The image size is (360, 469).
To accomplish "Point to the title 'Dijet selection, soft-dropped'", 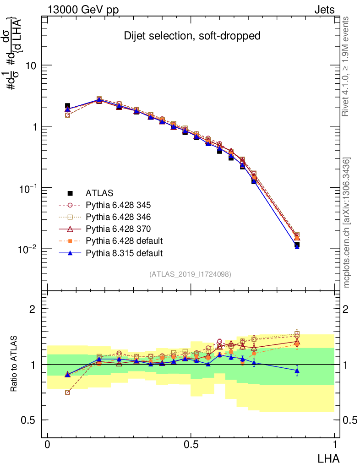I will [x=192, y=36].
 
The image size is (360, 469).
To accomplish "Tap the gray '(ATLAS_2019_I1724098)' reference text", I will [x=190, y=274].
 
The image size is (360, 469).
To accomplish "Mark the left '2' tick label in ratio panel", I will [x=33, y=309].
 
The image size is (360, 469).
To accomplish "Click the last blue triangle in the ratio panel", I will [x=297, y=370].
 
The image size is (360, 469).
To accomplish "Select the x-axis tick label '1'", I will [x=335, y=445].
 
